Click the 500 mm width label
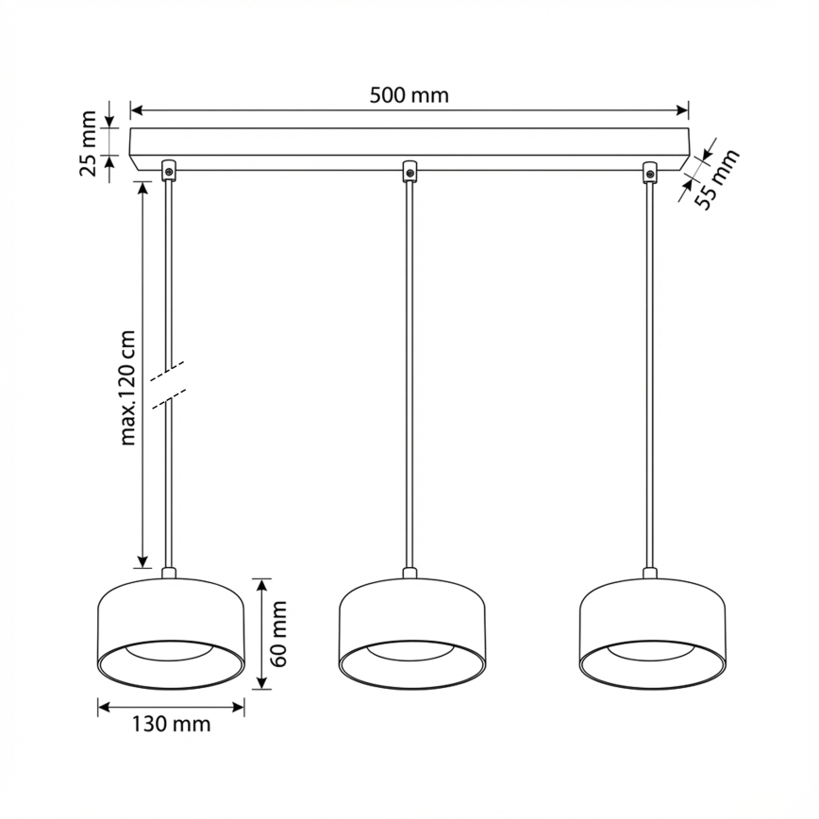(x=409, y=94)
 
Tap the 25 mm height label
(x=88, y=142)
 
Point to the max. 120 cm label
(x=129, y=387)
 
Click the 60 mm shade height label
(x=277, y=633)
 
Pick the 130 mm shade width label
(x=171, y=725)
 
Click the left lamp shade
(x=171, y=632)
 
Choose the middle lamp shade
(x=411, y=632)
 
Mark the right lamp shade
(x=652, y=632)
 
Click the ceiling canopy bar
(x=409, y=144)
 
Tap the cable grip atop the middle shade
(x=410, y=572)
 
